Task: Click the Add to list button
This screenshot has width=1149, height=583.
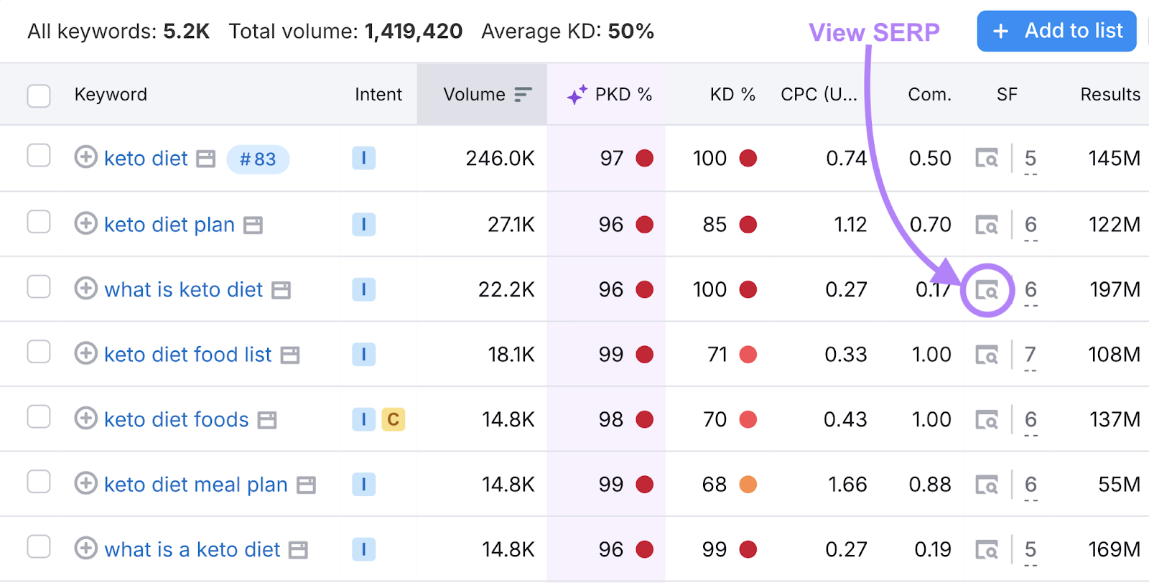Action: (x=1056, y=31)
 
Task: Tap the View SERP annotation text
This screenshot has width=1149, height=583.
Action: (x=874, y=32)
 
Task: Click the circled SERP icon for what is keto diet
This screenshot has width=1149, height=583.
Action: (x=987, y=290)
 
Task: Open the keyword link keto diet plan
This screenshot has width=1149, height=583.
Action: (x=169, y=225)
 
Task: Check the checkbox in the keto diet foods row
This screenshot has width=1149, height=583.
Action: (x=39, y=417)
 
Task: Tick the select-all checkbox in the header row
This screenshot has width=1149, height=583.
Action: (x=39, y=95)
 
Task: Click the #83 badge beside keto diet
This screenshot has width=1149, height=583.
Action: (x=258, y=159)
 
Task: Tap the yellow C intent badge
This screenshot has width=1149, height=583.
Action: (x=393, y=419)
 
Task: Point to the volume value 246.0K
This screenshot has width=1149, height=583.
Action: (x=500, y=159)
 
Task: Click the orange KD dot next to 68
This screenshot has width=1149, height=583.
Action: (x=748, y=485)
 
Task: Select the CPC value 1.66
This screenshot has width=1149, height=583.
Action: (x=847, y=485)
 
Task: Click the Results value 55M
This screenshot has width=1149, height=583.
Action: (x=1119, y=485)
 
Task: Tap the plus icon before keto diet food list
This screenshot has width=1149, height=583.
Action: (x=85, y=353)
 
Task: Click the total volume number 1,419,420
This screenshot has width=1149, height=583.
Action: (x=414, y=32)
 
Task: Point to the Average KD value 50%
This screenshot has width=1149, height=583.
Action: (x=631, y=32)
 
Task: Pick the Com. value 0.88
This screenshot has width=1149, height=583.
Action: (x=930, y=485)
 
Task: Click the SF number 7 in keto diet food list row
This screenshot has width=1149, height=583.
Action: (x=1031, y=354)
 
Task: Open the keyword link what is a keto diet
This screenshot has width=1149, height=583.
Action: (x=192, y=550)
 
